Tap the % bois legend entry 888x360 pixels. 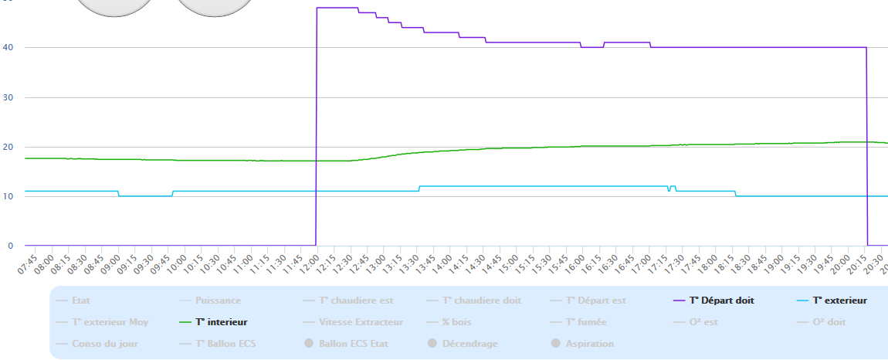coord(456,322)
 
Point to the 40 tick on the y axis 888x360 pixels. coord(9,48)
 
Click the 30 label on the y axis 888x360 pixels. coord(9,97)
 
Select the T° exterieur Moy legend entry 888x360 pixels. coord(110,322)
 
